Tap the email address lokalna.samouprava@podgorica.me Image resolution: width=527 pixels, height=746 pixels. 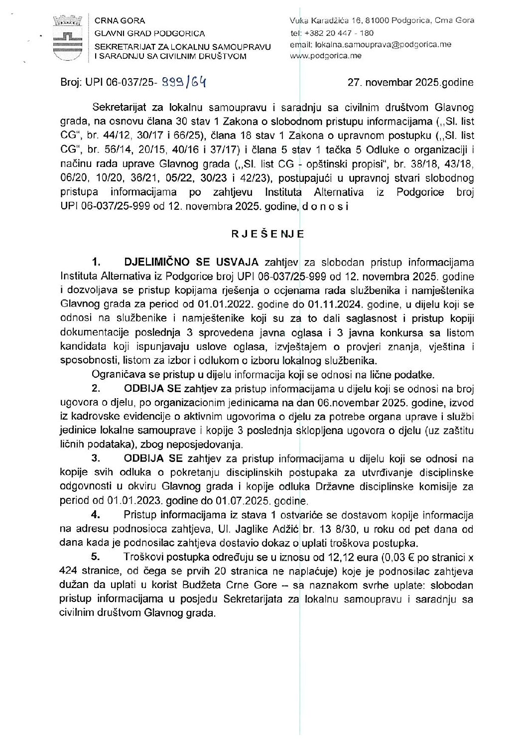coord(383,44)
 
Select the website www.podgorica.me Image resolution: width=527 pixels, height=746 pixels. coord(325,56)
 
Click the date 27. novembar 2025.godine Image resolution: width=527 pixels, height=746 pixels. coord(410,83)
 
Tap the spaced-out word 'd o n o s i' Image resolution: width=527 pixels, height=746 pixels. coord(325,206)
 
